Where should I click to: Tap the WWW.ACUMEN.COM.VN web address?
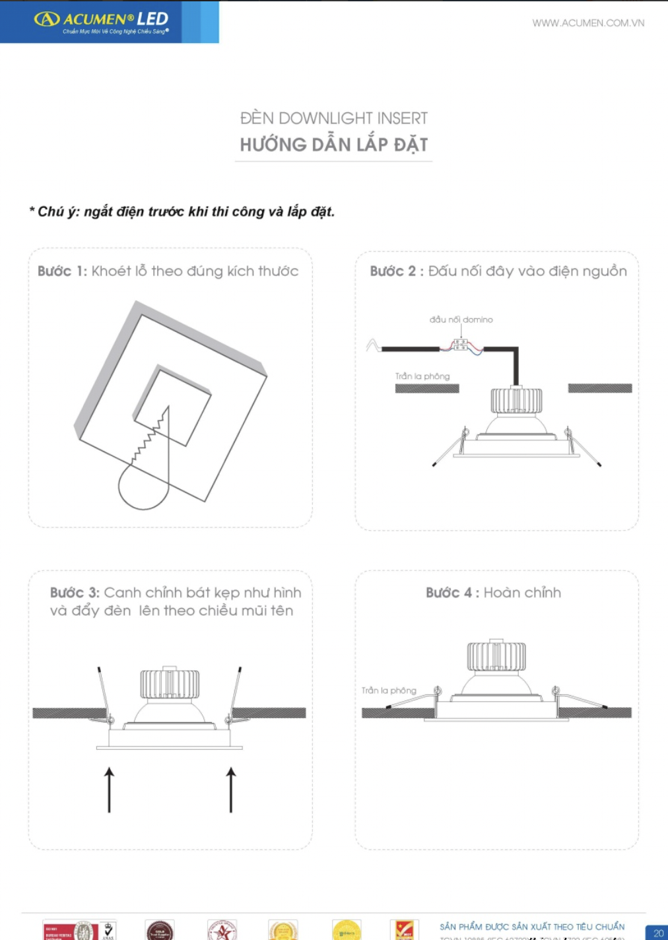pyautogui.click(x=588, y=23)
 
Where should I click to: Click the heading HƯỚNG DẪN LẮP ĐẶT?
pyautogui.click(x=333, y=145)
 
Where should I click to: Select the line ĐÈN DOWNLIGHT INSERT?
pyautogui.click(x=333, y=119)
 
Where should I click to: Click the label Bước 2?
pyautogui.click(x=394, y=271)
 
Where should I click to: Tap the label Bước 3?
pyautogui.click(x=75, y=593)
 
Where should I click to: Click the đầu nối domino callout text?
pyautogui.click(x=461, y=319)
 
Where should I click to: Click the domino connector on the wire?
pyautogui.click(x=461, y=345)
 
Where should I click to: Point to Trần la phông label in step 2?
pyautogui.click(x=422, y=376)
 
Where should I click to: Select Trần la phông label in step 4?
pyautogui.click(x=389, y=690)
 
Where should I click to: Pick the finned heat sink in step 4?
pyautogui.click(x=496, y=656)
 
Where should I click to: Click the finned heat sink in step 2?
pyautogui.click(x=516, y=401)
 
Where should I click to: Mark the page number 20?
pyautogui.click(x=657, y=933)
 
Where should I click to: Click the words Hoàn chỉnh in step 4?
pyautogui.click(x=522, y=593)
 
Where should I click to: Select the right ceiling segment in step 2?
pyautogui.click(x=599, y=388)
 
